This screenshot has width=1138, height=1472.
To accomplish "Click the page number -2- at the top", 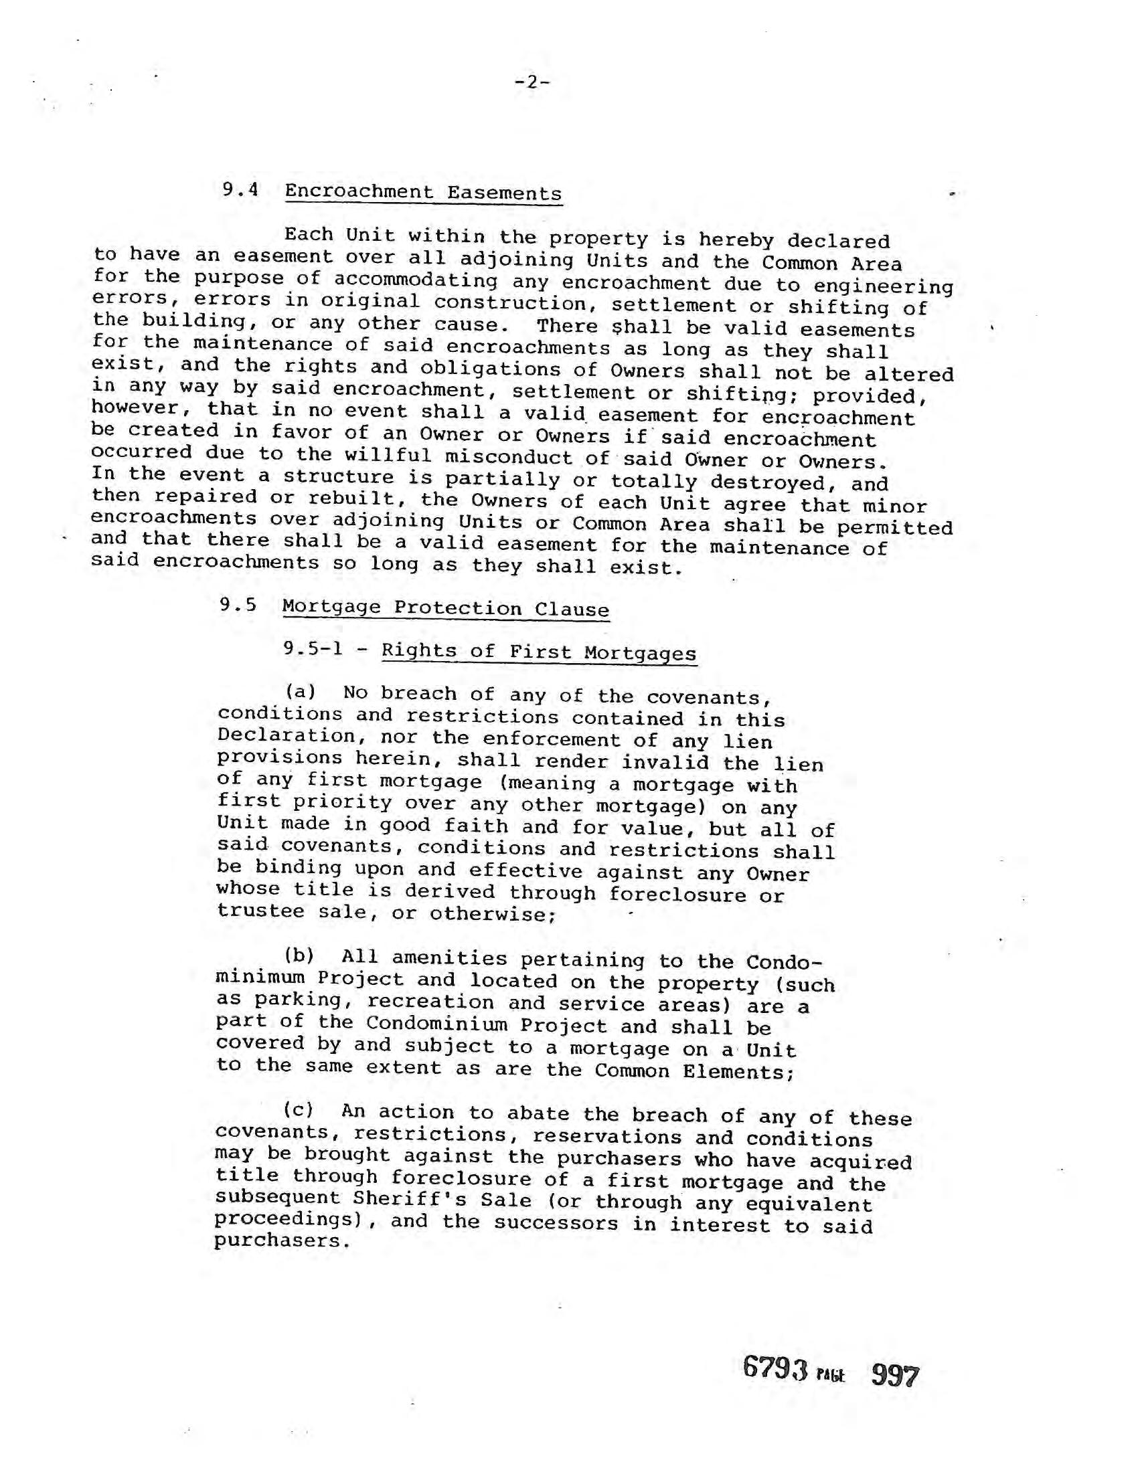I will [532, 83].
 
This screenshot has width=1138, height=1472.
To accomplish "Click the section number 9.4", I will [241, 189].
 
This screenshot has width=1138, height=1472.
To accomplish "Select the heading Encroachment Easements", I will [422, 193].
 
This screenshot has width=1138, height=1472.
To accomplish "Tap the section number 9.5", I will [238, 605].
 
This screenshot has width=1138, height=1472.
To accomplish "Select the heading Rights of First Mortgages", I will [539, 652].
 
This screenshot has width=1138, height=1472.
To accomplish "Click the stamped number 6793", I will [775, 1368].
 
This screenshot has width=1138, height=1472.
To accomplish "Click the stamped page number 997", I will [894, 1376].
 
